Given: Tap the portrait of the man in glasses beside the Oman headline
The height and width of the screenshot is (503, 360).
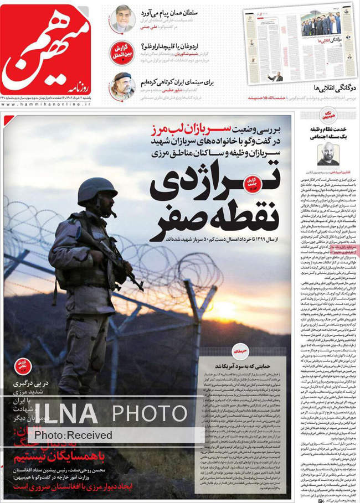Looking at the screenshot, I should click(x=121, y=19).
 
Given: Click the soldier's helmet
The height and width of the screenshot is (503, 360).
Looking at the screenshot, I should click(x=97, y=189).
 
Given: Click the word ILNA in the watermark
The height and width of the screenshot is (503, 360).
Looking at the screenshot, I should click(x=65, y=413).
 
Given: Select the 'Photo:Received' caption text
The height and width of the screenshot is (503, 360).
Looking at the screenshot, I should click(x=73, y=435).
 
